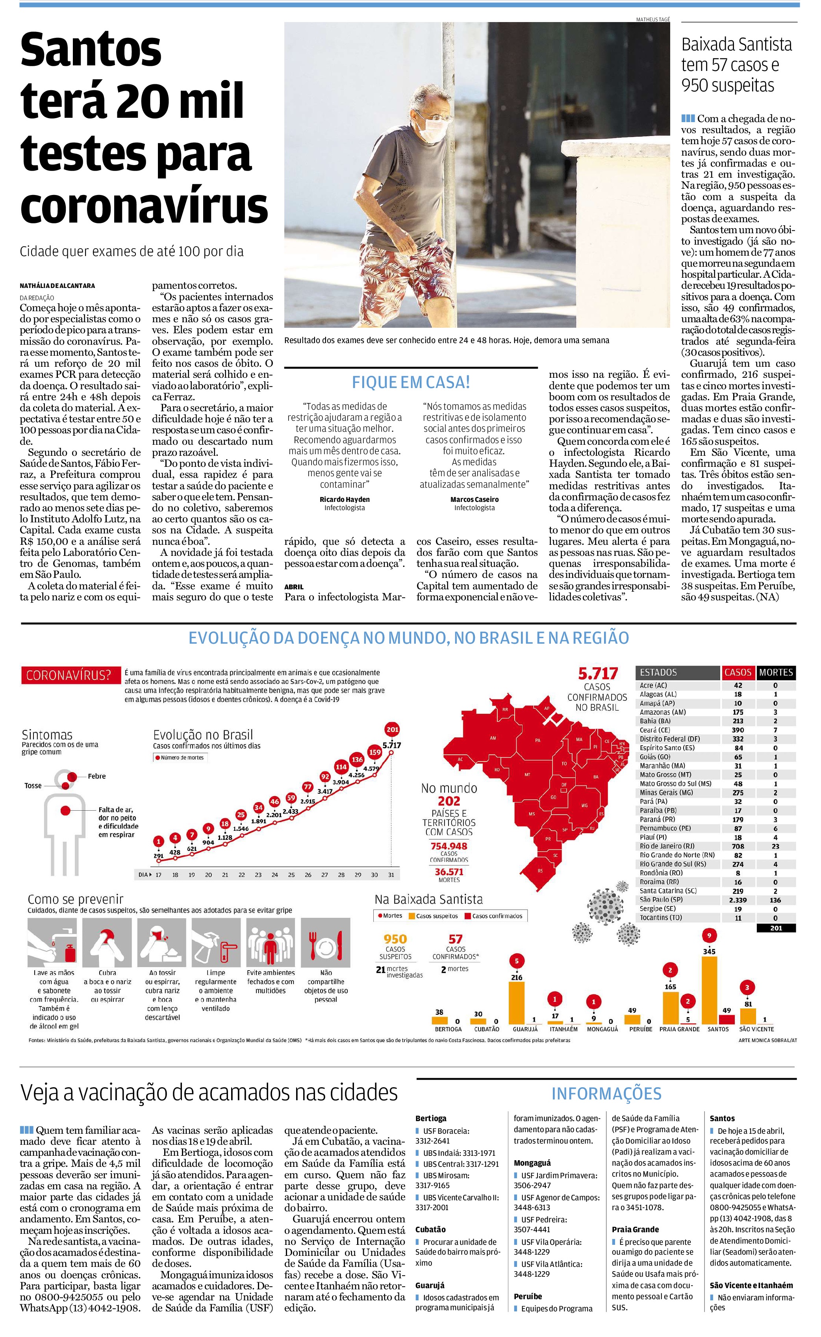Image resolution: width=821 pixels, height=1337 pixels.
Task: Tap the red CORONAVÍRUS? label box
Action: coord(69,676)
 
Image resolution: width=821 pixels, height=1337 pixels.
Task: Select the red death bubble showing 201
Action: coord(392,730)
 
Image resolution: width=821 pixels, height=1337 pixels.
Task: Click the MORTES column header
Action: coord(776,672)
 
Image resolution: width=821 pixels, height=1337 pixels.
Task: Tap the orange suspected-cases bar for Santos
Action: coord(709,990)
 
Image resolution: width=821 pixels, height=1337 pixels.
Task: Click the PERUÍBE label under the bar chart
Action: coord(640,1029)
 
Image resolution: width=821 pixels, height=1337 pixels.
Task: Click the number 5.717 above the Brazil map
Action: coord(597,674)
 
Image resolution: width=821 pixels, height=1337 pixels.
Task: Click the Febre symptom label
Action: coord(96,776)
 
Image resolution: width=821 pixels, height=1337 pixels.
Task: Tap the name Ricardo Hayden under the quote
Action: coord(344,499)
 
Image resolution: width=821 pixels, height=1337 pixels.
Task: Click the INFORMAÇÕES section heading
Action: coord(606,1094)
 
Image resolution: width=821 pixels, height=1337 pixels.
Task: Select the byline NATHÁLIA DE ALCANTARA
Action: coord(57,286)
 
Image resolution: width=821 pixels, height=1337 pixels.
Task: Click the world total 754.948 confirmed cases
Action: coord(449,846)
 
